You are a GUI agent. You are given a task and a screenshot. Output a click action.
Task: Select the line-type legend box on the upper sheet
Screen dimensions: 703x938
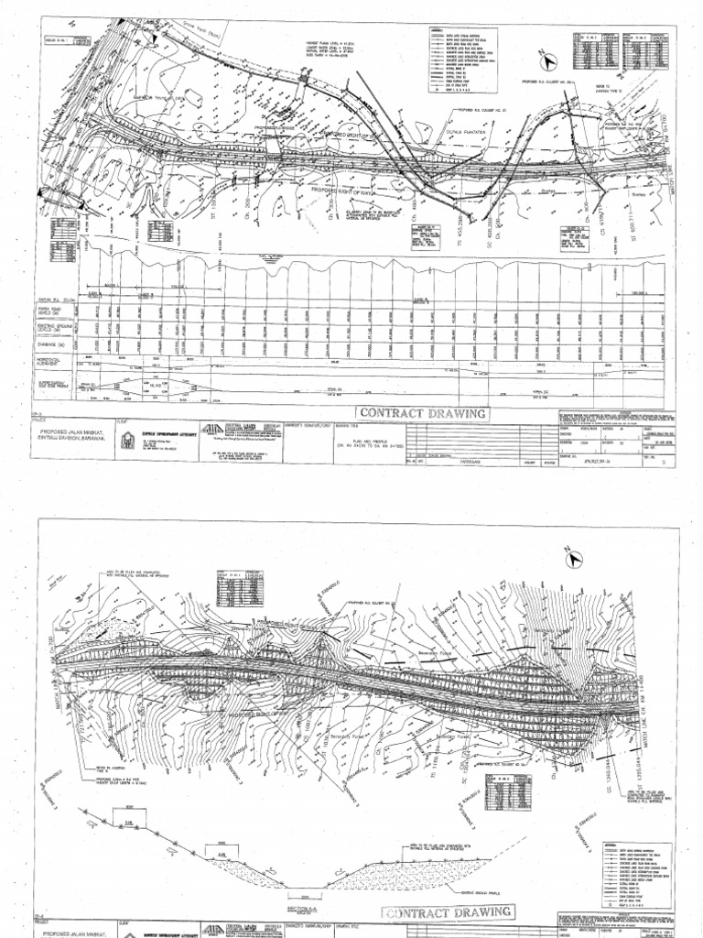461,60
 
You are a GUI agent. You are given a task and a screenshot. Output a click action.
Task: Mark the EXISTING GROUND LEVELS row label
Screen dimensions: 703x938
57,331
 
